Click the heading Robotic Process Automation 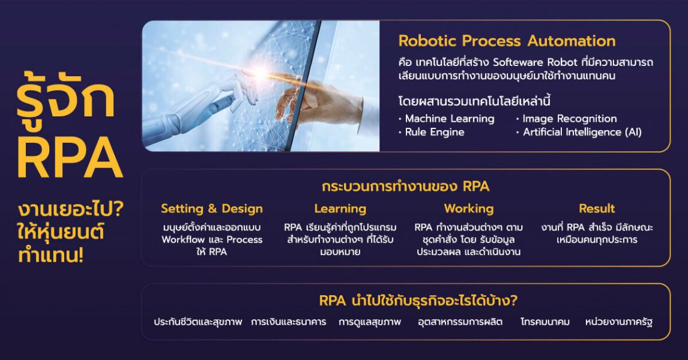click(507, 41)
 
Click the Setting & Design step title click(211, 209)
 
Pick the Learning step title click(340, 209)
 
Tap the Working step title click(469, 209)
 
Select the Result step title click(597, 209)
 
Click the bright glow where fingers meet click(262, 73)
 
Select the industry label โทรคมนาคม click(545, 322)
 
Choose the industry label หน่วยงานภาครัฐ click(619, 322)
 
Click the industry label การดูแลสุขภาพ click(369, 322)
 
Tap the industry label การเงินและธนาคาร click(288, 322)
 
